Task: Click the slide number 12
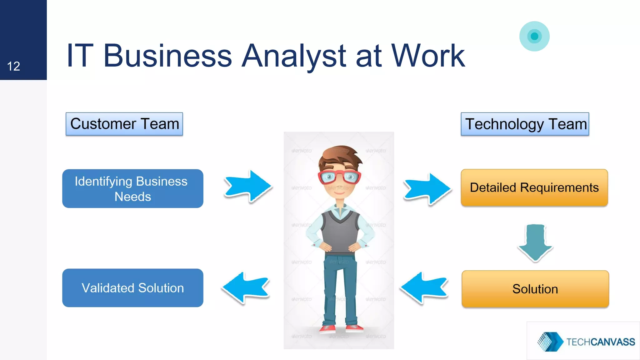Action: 13,66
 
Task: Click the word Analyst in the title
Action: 294,56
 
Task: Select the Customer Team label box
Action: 124,124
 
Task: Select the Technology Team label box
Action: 525,124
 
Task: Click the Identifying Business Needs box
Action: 132,189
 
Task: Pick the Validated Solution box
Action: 132,288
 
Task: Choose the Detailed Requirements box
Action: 534,187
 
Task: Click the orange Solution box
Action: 535,289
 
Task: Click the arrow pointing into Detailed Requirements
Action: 427,189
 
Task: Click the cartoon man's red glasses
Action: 339,177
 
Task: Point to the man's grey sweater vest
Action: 340,233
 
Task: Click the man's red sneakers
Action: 341,328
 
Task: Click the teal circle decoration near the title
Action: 534,36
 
